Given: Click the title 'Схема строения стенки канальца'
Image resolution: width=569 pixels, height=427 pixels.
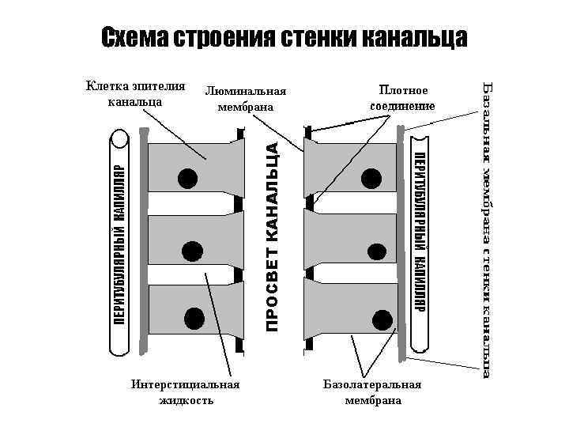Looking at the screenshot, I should coord(284,37).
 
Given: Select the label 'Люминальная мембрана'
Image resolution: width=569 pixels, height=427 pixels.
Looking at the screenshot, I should coord(244,100).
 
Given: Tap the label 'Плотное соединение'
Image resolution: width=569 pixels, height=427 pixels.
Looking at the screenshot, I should coord(401,98).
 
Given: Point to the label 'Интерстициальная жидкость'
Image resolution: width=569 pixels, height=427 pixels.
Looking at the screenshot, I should coord(186,392).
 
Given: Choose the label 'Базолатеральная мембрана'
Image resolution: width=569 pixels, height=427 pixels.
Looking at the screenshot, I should coord(372,392).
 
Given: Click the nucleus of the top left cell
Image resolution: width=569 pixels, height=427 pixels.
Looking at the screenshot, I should coord(188,178).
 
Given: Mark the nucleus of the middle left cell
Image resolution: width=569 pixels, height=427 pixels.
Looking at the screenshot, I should coord(192,251).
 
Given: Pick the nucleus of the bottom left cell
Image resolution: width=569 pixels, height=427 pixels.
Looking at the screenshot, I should coord(193,319).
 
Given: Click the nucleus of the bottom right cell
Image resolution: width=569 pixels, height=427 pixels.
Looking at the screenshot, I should coord(382,320).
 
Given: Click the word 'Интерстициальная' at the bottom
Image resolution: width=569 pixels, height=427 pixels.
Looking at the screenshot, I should coord(186,385).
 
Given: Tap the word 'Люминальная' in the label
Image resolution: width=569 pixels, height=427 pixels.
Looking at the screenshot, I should coord(244,93).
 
